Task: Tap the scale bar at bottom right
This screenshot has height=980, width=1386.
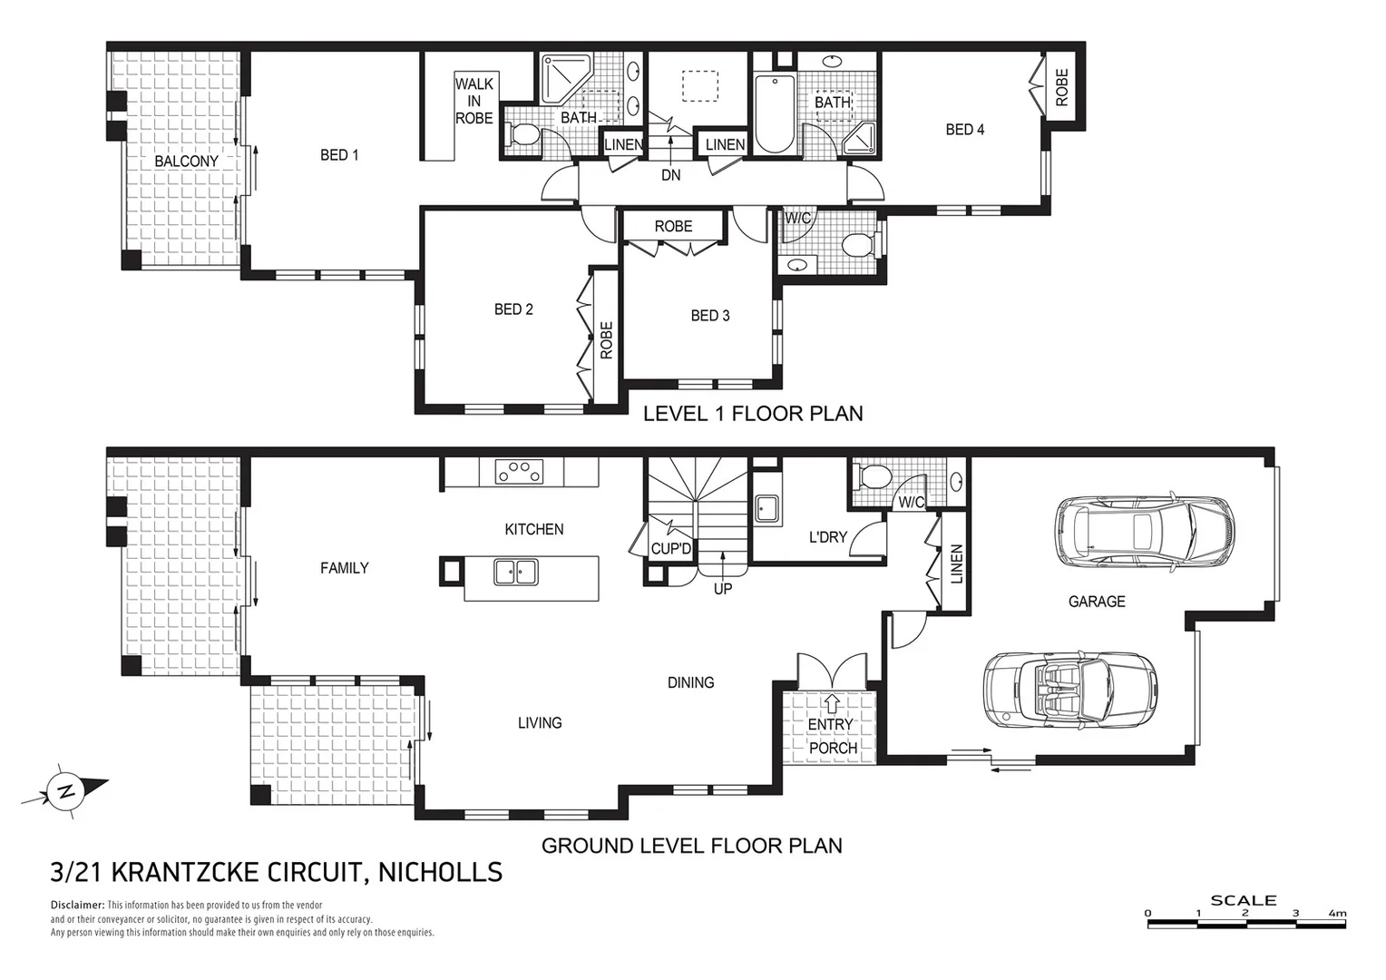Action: (x=1246, y=923)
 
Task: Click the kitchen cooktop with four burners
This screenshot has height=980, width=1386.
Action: (x=519, y=472)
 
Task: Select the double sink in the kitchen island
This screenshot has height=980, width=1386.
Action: (x=515, y=572)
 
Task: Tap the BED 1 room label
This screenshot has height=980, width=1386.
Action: (x=339, y=155)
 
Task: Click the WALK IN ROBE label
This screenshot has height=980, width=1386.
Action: (x=473, y=101)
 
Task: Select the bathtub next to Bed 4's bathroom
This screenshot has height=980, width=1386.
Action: (x=773, y=115)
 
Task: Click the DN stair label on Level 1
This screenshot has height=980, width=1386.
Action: (x=670, y=175)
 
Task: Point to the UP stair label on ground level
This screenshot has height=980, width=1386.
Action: (x=722, y=589)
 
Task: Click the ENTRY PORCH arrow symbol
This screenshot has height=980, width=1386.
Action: (x=832, y=702)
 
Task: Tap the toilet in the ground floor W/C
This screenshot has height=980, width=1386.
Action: (x=874, y=477)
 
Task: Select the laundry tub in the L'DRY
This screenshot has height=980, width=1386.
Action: (x=767, y=510)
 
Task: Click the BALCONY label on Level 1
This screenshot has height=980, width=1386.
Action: (x=186, y=162)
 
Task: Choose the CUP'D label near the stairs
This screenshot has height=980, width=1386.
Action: (x=671, y=549)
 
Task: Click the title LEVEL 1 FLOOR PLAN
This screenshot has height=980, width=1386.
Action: (x=752, y=414)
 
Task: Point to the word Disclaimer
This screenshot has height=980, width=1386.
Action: (x=77, y=906)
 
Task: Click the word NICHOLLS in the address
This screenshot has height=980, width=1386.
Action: (x=440, y=873)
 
